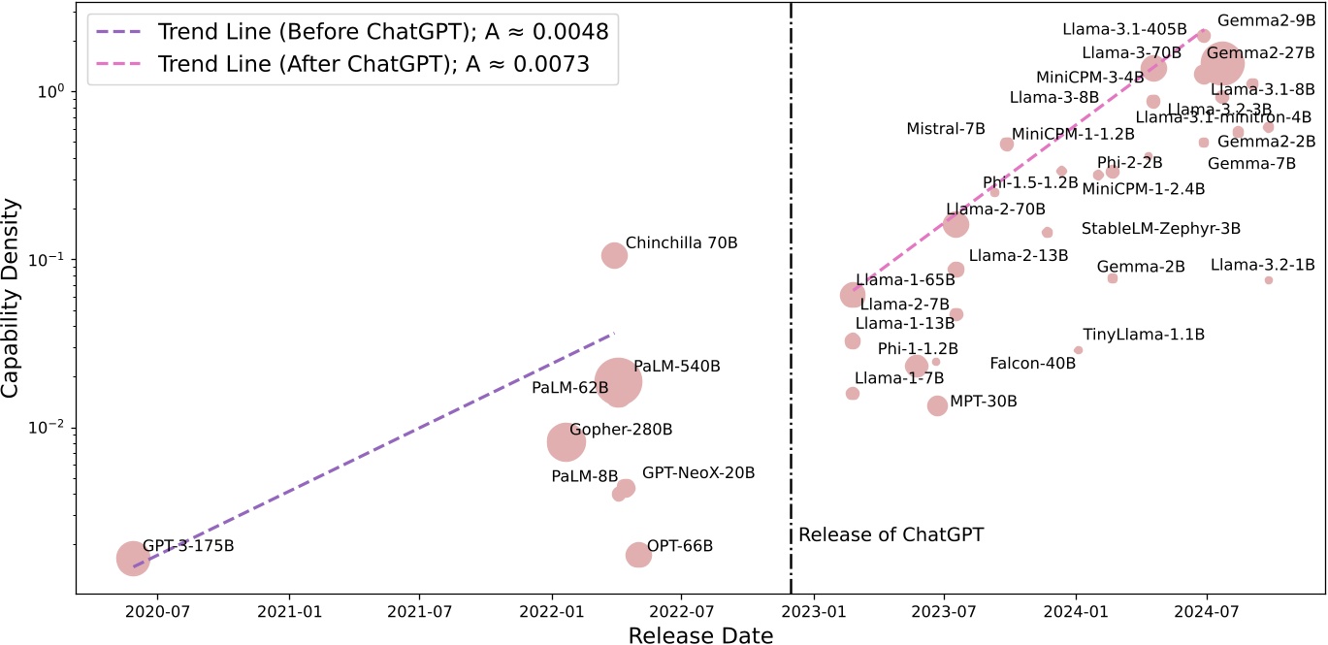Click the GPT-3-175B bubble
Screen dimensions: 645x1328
133,558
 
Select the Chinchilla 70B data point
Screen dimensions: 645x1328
614,255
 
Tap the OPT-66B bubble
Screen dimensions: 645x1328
637,555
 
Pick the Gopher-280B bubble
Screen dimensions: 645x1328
566,441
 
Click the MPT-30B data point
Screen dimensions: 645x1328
937,405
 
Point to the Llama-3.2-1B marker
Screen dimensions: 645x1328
1268,280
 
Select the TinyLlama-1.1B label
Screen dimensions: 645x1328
1144,335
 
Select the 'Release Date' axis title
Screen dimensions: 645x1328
700,635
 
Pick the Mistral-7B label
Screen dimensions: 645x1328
946,129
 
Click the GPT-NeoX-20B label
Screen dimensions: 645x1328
698,473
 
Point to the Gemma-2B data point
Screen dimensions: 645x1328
1113,278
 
